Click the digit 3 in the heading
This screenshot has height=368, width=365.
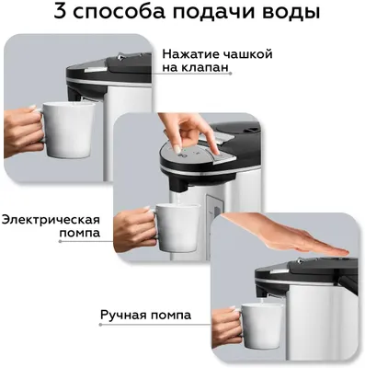(x=61, y=12)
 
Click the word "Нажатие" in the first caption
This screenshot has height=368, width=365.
(x=190, y=54)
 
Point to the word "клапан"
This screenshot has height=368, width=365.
(x=207, y=67)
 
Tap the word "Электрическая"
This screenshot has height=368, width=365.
(x=51, y=220)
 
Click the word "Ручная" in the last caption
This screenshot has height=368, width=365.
(x=123, y=315)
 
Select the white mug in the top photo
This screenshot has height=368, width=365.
(x=66, y=130)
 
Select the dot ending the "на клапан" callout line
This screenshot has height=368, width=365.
(x=231, y=74)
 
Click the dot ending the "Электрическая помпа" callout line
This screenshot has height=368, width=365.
(x=60, y=241)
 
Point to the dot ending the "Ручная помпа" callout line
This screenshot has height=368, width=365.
(x=100, y=325)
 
